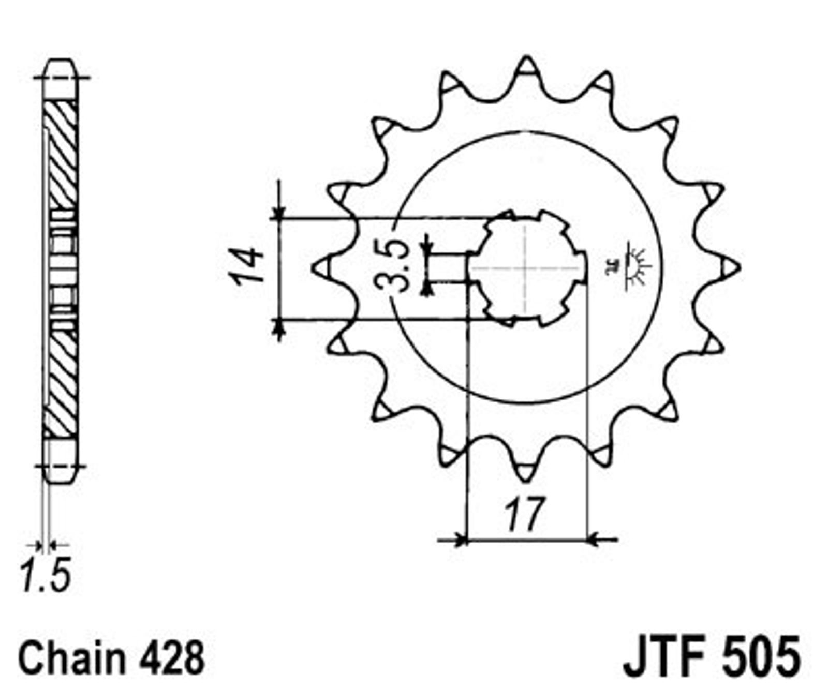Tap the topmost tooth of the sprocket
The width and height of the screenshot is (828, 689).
tap(526, 66)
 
